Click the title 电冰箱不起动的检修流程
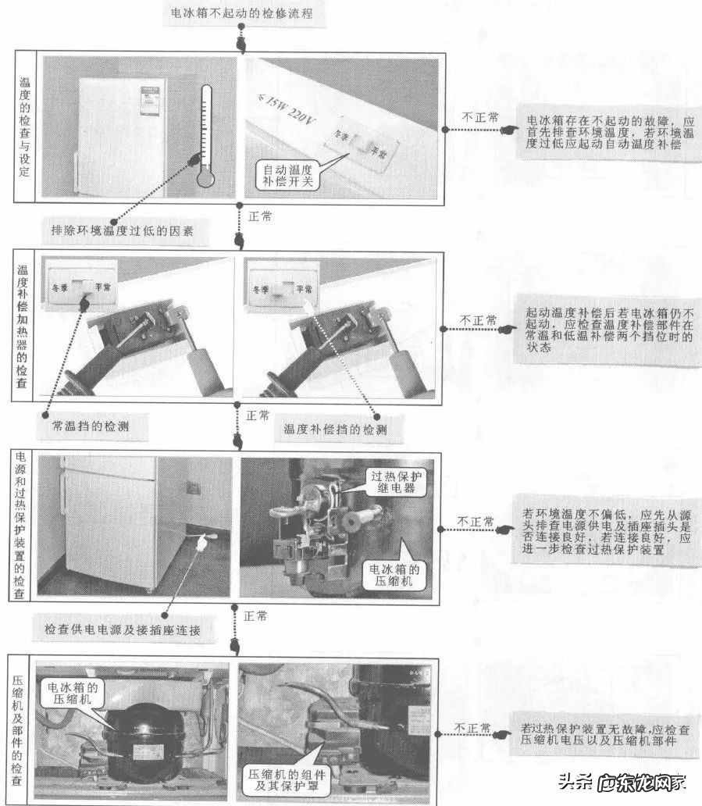point(243,14)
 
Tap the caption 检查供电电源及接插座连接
point(123,629)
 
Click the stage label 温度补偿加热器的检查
point(23,328)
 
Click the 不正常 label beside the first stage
point(479,117)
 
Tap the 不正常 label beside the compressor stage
point(474,728)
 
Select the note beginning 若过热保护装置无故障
point(605,734)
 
